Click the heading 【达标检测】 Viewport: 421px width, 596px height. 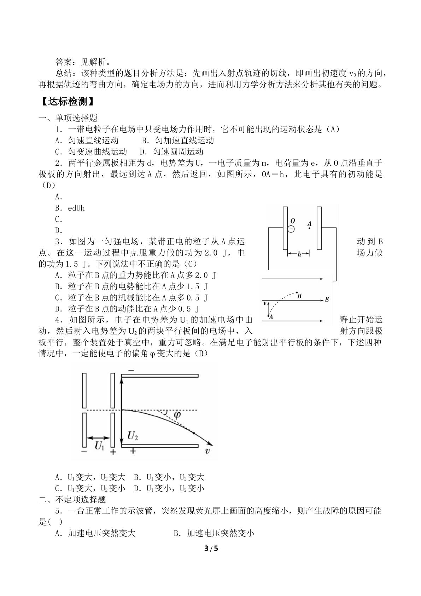pyautogui.click(x=67, y=102)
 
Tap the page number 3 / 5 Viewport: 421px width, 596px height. pyautogui.click(x=211, y=549)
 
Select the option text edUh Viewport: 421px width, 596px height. pyautogui.click(x=76, y=208)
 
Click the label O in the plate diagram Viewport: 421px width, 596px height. pyautogui.click(x=293, y=221)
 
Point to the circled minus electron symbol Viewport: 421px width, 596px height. pyautogui.click(x=291, y=229)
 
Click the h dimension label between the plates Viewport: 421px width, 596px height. pyautogui.click(x=299, y=254)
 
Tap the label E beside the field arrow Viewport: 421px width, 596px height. pyautogui.click(x=327, y=299)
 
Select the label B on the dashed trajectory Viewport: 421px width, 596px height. pyautogui.click(x=299, y=296)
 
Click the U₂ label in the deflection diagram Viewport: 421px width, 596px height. pyautogui.click(x=133, y=436)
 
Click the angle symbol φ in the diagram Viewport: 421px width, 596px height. pyautogui.click(x=177, y=414)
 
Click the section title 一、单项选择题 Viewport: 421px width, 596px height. pyautogui.click(x=68, y=118)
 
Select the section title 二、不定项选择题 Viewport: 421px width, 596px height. pyautogui.click(x=72, y=499)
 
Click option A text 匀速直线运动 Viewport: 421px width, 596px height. pyautogui.click(x=93, y=140)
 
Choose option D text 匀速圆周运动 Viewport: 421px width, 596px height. pyautogui.click(x=178, y=152)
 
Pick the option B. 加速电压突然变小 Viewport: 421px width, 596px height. pyautogui.click(x=214, y=533)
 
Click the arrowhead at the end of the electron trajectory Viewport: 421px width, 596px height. pyautogui.click(x=211, y=443)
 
